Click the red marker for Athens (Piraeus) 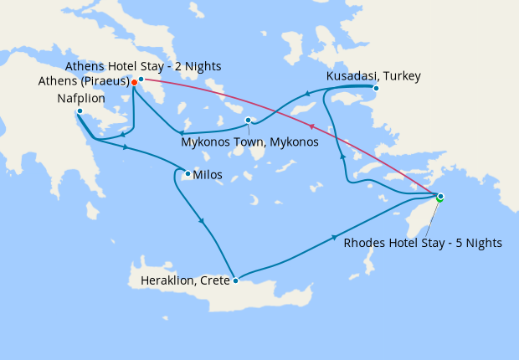coord(134,82)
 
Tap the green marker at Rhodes coord(439,198)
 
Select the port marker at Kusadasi coord(376,88)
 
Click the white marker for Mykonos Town coord(248,121)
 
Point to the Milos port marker coord(188,174)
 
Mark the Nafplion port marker coord(79,111)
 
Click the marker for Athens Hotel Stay coord(141,79)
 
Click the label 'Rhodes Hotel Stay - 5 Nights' coord(423,244)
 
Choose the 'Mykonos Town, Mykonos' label coord(249,141)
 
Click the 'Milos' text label coord(208,176)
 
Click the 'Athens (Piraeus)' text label coord(83,82)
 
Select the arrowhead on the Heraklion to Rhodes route coord(335,237)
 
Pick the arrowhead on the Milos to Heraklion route coord(202,221)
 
